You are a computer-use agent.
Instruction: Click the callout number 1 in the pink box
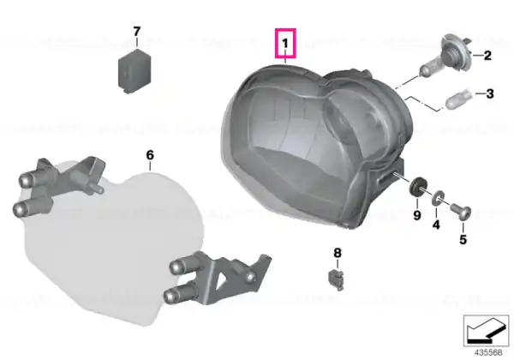point(285,43)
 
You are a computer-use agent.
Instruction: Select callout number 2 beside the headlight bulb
point(487,56)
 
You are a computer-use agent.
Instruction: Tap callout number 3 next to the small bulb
point(490,94)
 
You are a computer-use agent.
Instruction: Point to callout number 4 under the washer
point(436,225)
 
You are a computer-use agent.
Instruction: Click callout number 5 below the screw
point(463,240)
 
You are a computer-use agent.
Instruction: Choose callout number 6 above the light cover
point(150,155)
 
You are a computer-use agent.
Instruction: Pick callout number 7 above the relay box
point(137,32)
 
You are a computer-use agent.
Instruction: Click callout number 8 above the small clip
point(338,253)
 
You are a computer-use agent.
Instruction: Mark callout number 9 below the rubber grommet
point(416,216)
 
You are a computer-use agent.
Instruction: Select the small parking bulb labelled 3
point(459,98)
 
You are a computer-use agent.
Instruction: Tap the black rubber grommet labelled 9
point(416,188)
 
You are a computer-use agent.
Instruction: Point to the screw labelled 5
point(461,212)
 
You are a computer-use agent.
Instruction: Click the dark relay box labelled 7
point(134,71)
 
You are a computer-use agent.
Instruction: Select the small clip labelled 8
point(337,279)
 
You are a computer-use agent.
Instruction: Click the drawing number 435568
point(488,352)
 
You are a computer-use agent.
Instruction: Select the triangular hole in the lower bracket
point(224,279)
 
